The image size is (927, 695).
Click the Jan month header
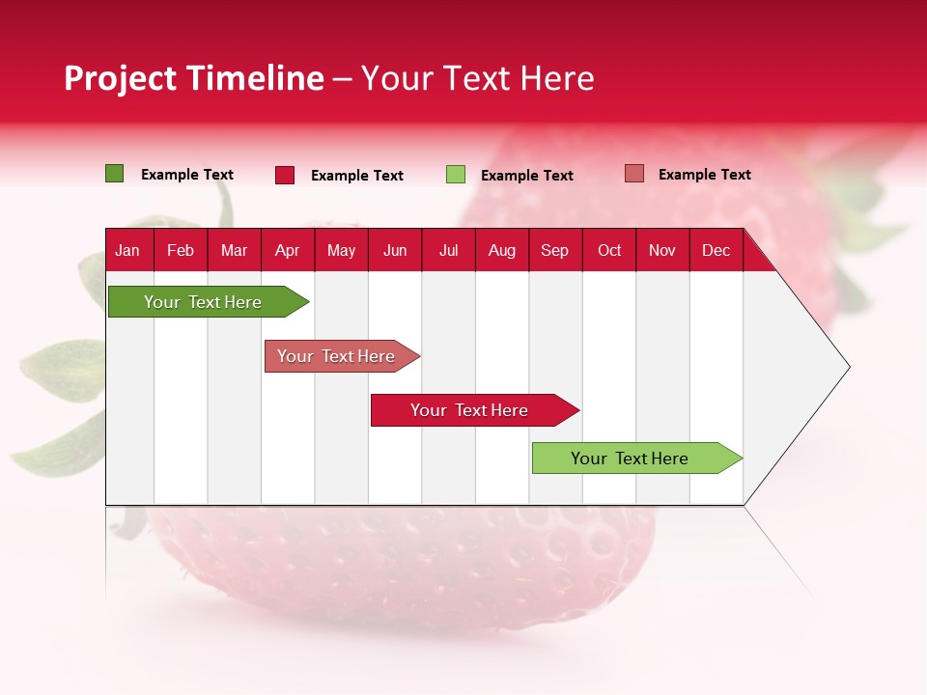(x=128, y=250)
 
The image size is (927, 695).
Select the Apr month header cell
(x=288, y=250)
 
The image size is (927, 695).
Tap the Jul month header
(x=448, y=250)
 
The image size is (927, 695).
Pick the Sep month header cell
(x=554, y=250)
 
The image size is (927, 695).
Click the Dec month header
(x=716, y=250)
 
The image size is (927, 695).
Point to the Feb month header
(x=181, y=250)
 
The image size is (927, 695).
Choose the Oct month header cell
(x=609, y=250)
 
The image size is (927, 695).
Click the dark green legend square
(x=115, y=174)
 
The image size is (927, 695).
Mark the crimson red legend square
(x=285, y=175)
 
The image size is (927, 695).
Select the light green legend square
(x=456, y=175)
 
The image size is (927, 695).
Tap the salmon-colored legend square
(x=634, y=174)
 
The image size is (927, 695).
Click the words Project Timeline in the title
(x=193, y=78)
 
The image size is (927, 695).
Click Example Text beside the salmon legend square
(x=704, y=175)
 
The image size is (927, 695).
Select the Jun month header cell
(x=395, y=250)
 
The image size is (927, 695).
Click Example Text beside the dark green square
(x=187, y=175)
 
